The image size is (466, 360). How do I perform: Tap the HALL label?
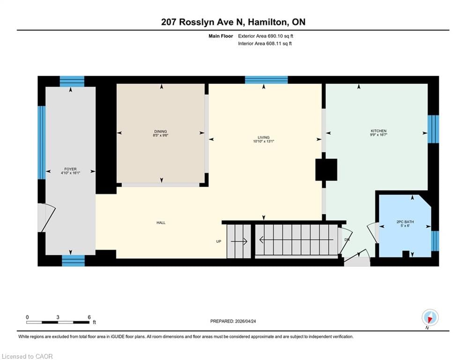[161, 223]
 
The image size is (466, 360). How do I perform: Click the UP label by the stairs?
[219, 241]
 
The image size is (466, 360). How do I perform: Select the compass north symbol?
[430, 318]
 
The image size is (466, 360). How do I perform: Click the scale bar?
[58, 322]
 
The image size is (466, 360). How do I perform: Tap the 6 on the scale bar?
[89, 317]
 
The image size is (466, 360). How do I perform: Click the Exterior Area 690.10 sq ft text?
[266, 36]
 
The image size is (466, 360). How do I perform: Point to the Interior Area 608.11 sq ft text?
[265, 44]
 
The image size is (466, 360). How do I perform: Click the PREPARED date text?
[233, 321]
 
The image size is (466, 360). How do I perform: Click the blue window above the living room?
[266, 80]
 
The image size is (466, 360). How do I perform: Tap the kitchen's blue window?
[433, 129]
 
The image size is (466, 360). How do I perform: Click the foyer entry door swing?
[48, 217]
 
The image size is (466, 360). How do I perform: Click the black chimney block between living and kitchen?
[326, 170]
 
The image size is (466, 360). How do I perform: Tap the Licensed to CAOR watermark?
[27, 356]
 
